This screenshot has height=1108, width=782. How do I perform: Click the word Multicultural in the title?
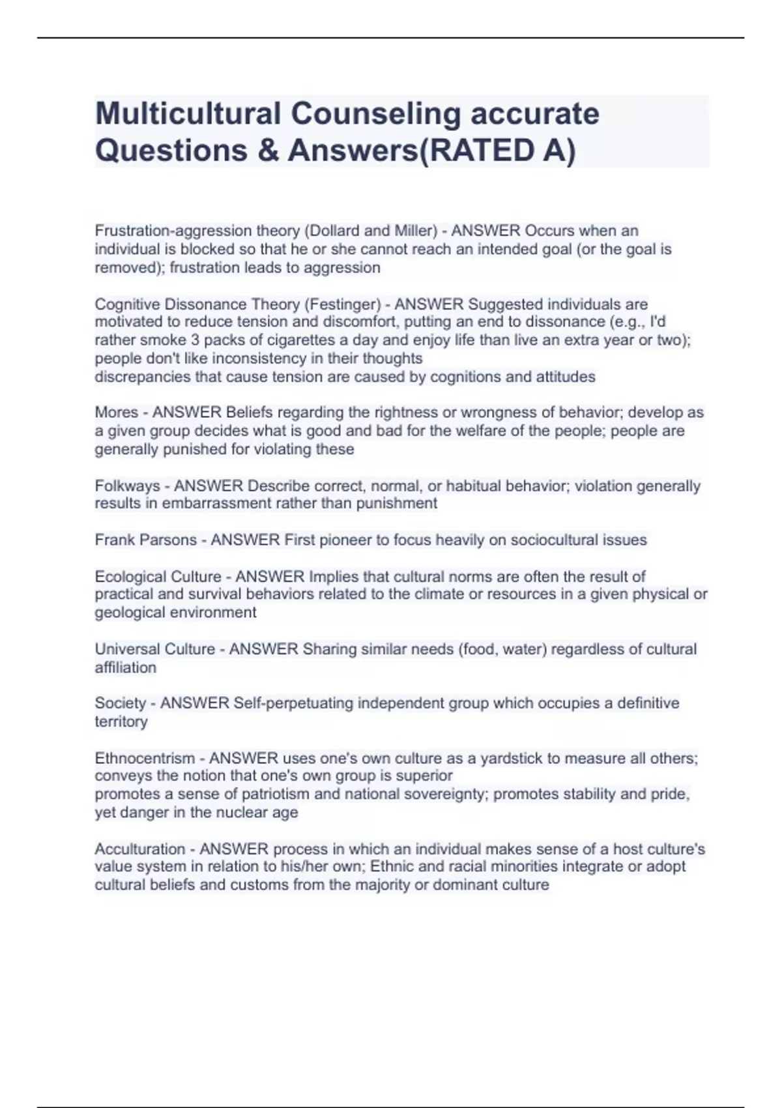pos(188,114)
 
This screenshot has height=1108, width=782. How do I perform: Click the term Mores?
pos(116,413)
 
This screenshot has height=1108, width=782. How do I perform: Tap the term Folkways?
pos(127,486)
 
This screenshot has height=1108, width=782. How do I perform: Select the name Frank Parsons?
pos(145,540)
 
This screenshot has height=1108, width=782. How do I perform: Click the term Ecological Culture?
pos(158,577)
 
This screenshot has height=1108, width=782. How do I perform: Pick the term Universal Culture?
pos(154,649)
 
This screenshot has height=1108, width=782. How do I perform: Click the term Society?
pos(120,703)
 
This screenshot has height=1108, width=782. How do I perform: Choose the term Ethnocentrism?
pos(145,758)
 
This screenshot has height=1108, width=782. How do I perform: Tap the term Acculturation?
pos(139,849)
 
